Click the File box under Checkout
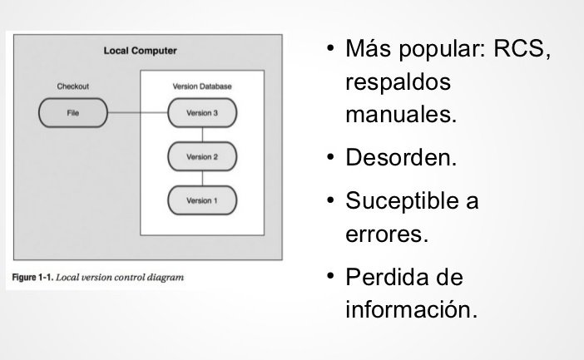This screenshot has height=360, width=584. (73, 113)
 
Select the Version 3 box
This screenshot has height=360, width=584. (202, 113)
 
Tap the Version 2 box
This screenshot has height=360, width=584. (202, 156)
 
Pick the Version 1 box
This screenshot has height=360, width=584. (202, 200)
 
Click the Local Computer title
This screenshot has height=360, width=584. (140, 51)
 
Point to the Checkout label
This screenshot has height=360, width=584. (72, 86)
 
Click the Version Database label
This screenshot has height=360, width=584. (202, 86)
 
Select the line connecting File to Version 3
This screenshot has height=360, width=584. (137, 113)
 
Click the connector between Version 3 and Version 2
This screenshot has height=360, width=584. (202, 135)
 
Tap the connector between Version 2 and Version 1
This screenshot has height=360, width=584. (202, 179)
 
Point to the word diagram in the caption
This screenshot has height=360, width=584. (163, 277)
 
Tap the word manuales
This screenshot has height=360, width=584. (400, 114)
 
